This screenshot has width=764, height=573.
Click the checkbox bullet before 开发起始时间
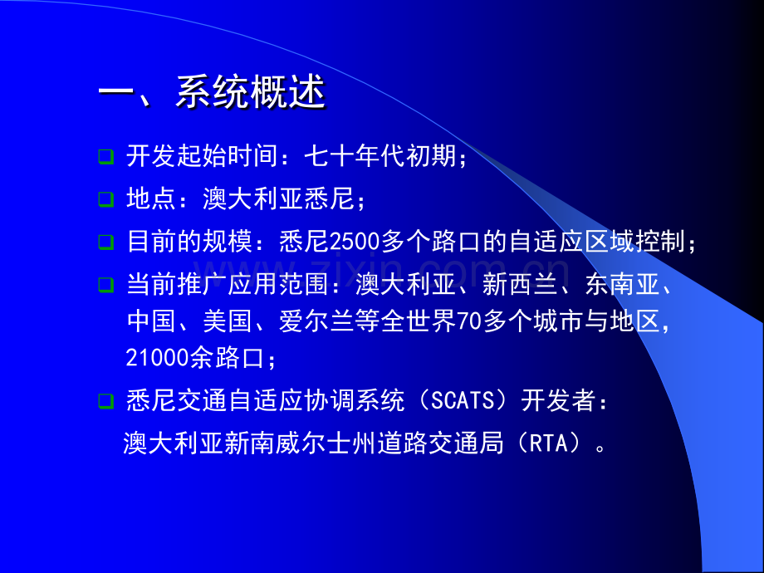pos(105,155)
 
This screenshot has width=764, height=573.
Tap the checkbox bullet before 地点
pos(105,199)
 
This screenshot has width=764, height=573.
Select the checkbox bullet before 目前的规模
pos(105,242)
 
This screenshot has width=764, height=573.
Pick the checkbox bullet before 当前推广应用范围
pos(105,285)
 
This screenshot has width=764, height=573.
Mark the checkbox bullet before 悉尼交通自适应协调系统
pos(105,401)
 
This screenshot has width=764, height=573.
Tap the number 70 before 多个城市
pos(468,321)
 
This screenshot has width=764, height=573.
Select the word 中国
pos(152,321)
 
